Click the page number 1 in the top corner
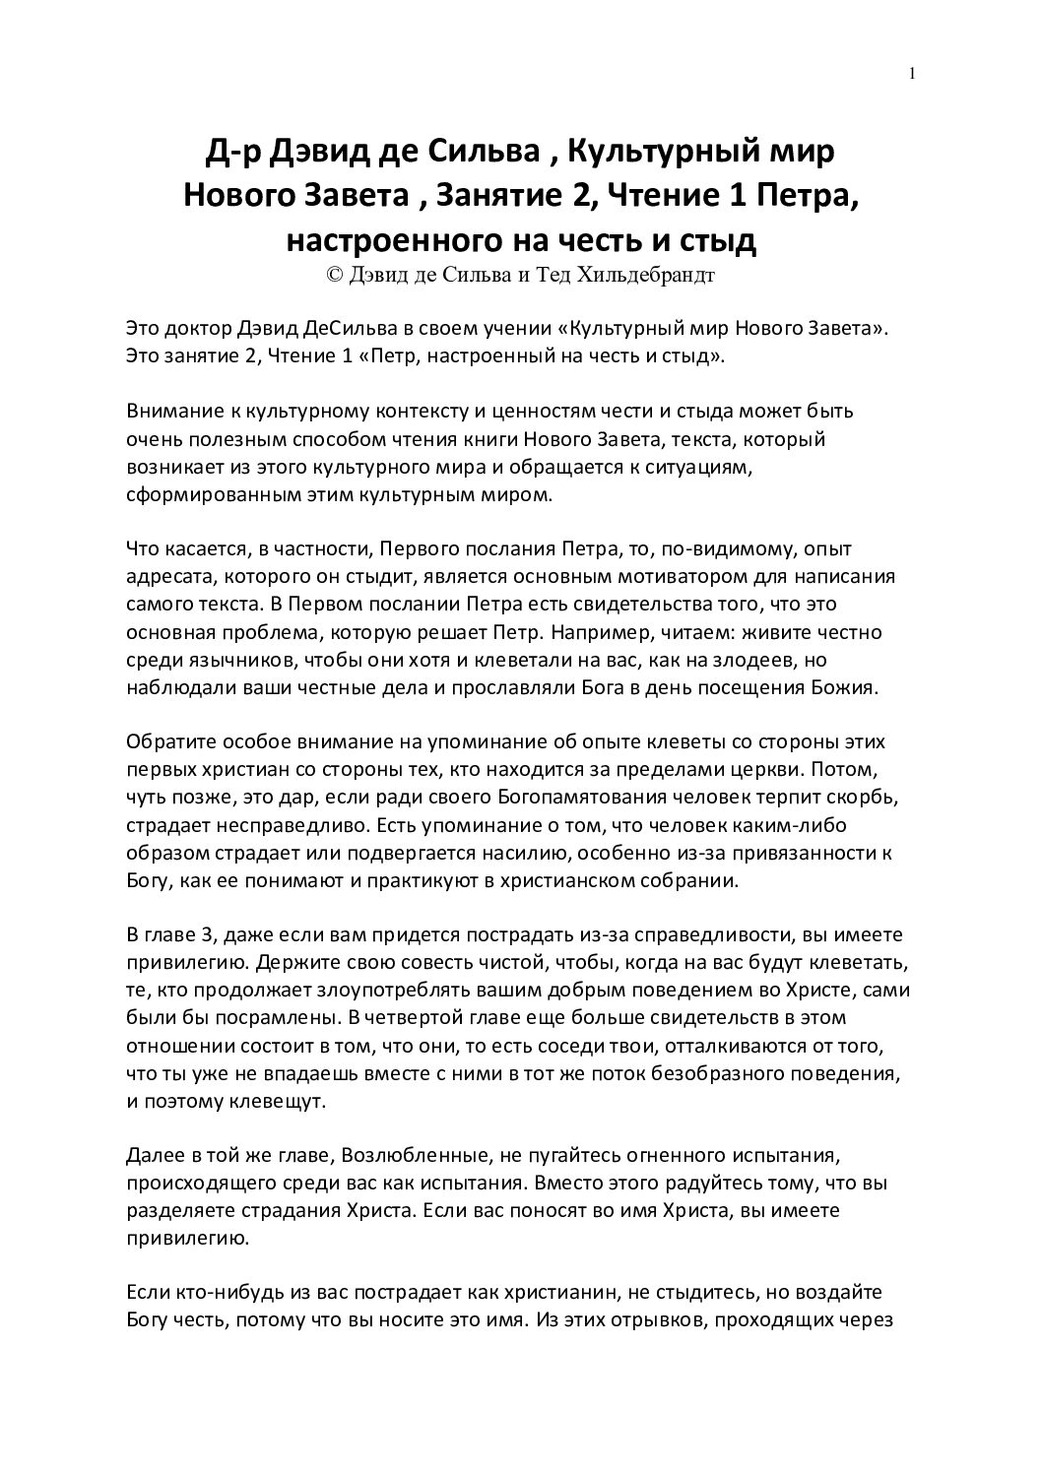point(914,73)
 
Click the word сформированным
point(202,494)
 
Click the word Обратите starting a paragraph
point(168,741)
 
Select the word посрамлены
point(259,1016)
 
